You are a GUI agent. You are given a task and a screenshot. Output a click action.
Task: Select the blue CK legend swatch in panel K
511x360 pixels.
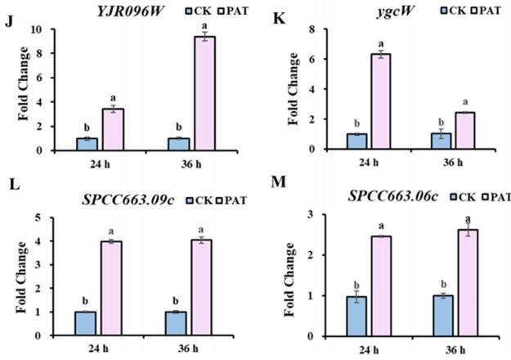423,11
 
